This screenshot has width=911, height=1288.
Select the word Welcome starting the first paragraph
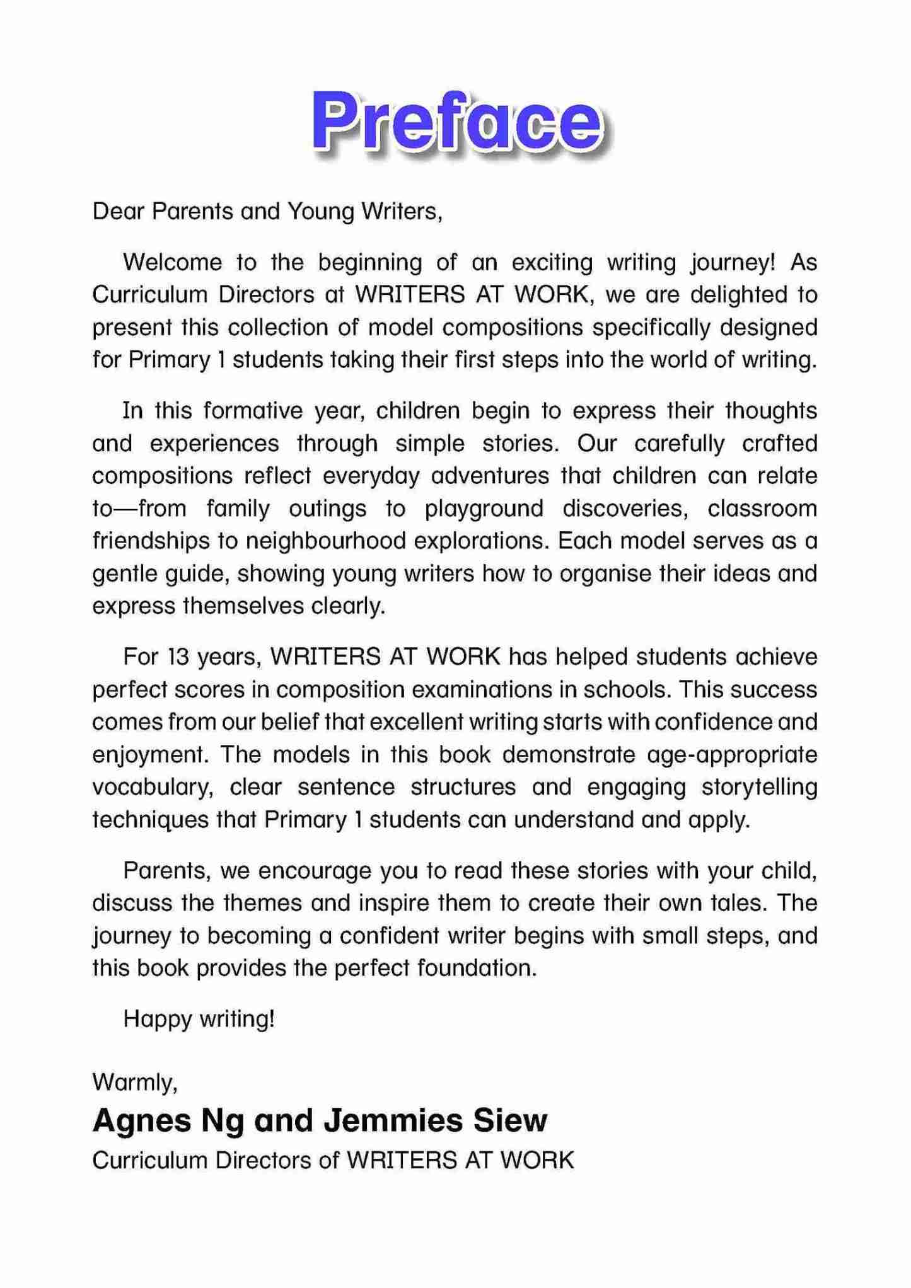point(173,262)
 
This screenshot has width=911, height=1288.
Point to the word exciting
point(552,262)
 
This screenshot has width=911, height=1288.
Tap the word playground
point(484,509)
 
